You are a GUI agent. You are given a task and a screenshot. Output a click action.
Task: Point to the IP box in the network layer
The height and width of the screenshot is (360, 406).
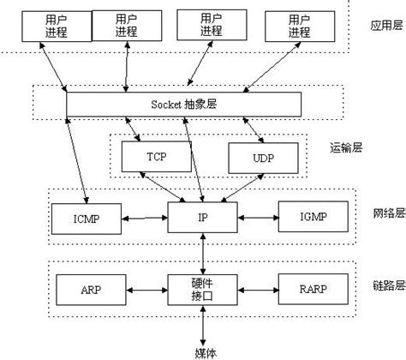click(x=202, y=218)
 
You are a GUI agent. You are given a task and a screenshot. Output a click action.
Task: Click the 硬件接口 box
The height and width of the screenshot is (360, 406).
click(x=202, y=290)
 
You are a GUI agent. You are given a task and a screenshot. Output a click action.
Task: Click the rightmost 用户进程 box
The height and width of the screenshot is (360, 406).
click(x=299, y=26)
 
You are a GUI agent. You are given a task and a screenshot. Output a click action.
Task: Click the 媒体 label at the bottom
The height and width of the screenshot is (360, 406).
click(x=202, y=351)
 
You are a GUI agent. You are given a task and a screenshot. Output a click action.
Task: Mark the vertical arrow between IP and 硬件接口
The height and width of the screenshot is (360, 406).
click(x=202, y=254)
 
